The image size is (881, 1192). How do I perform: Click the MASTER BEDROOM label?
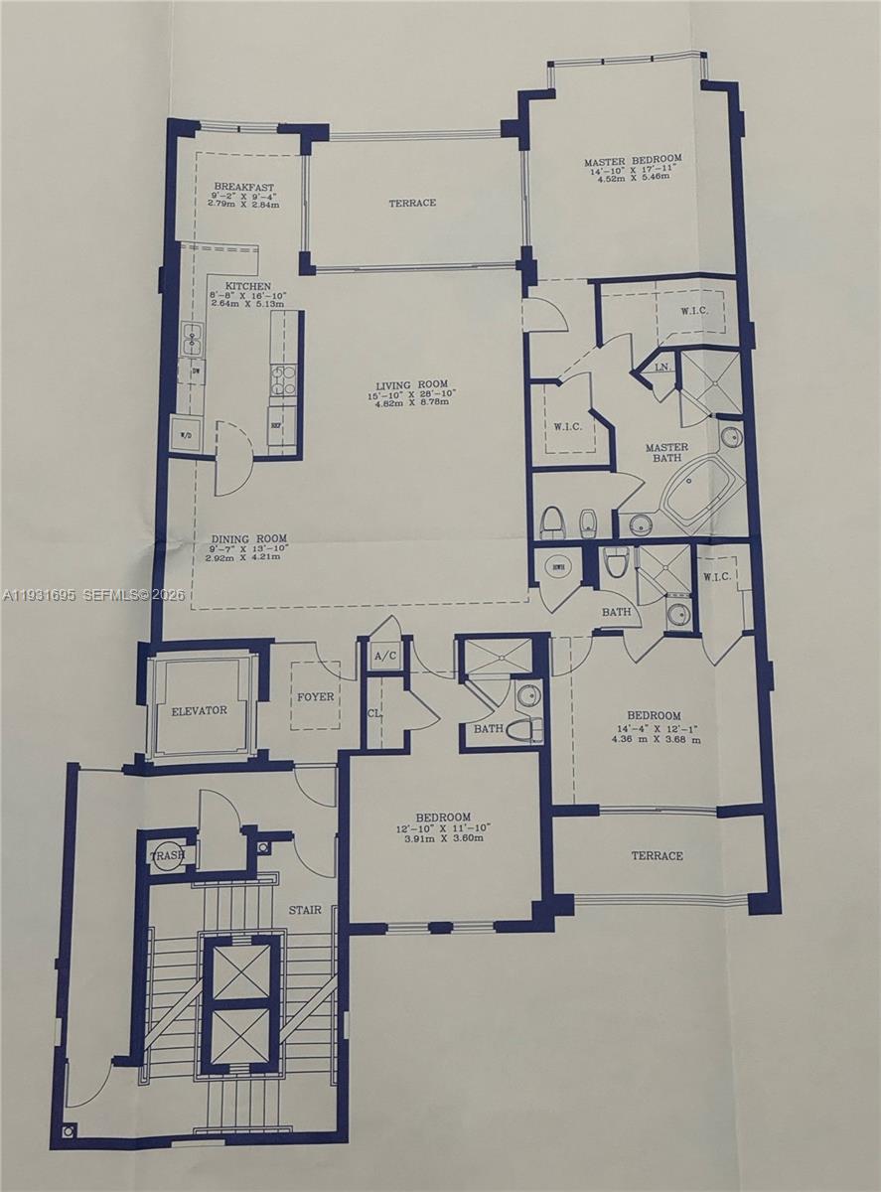pyautogui.click(x=633, y=161)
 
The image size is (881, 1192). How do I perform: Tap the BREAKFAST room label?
pyautogui.click(x=243, y=187)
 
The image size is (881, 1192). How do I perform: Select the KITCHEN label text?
pyautogui.click(x=246, y=286)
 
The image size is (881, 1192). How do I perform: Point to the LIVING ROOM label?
pyautogui.click(x=411, y=384)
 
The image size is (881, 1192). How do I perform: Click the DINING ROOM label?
pyautogui.click(x=248, y=538)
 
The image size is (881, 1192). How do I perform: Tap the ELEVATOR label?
pyautogui.click(x=199, y=710)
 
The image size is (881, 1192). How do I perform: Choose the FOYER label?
pyautogui.click(x=316, y=696)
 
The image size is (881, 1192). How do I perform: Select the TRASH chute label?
pyautogui.click(x=166, y=855)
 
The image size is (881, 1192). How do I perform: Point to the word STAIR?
pyautogui.click(x=305, y=909)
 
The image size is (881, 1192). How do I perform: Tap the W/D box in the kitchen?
pyautogui.click(x=186, y=435)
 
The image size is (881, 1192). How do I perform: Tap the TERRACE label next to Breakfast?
pyautogui.click(x=411, y=203)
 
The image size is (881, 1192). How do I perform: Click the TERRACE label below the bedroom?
pyautogui.click(x=657, y=855)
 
